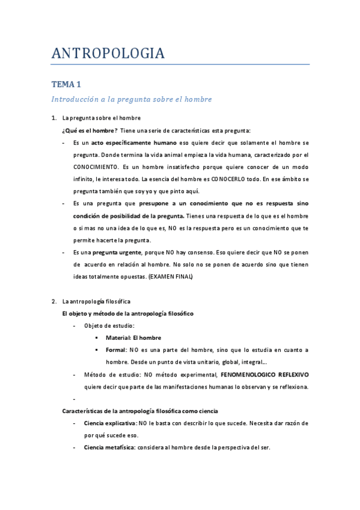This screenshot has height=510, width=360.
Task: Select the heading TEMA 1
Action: tap(70, 85)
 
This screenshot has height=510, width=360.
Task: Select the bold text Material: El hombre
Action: tap(133, 338)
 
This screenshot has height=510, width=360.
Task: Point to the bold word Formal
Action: tap(116, 350)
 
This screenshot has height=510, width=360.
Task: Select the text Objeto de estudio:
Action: tap(109, 325)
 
